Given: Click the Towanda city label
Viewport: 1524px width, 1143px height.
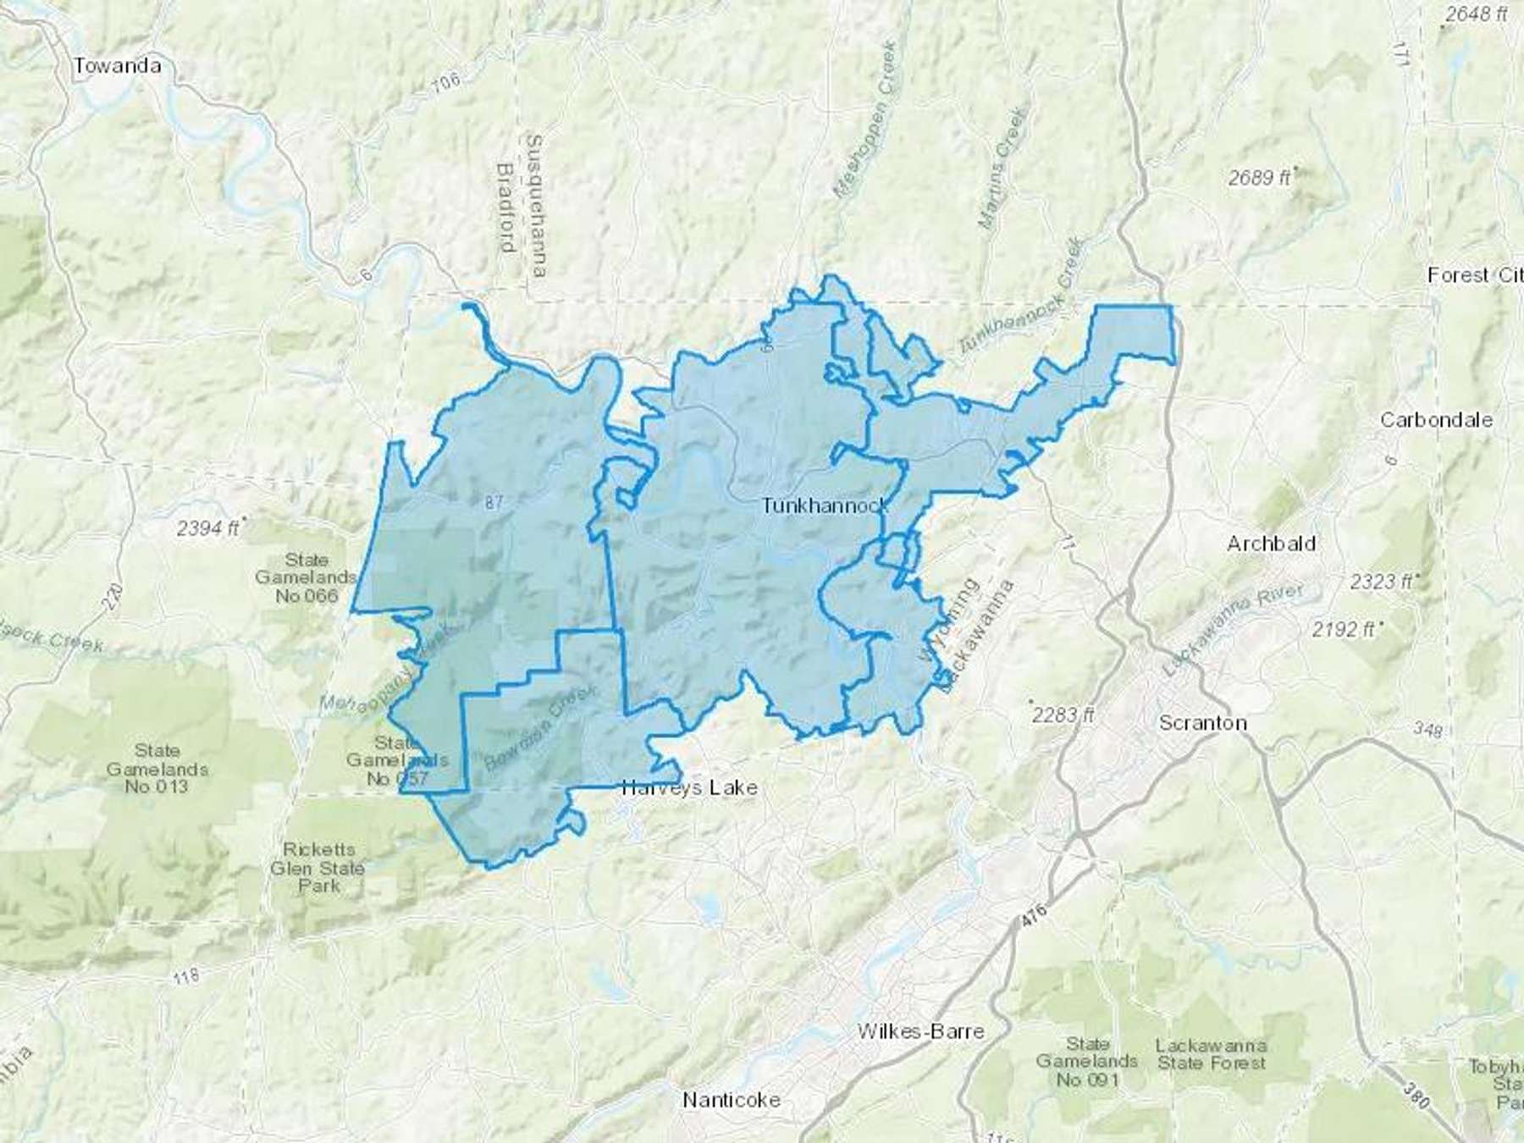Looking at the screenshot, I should click(117, 66).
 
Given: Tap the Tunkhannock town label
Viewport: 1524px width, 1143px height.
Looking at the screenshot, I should click(825, 506).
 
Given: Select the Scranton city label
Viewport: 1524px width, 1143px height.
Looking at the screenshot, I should click(1202, 723).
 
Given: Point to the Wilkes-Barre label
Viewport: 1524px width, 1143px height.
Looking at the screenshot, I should click(920, 1031).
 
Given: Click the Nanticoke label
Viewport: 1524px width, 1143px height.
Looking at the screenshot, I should click(732, 1100).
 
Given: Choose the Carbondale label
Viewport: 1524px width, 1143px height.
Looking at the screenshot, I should click(1436, 420).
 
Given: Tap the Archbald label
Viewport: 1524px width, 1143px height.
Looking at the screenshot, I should click(1271, 544).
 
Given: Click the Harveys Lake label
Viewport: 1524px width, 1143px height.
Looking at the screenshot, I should click(689, 788).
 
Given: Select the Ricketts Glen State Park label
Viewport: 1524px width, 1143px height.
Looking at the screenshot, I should click(318, 868).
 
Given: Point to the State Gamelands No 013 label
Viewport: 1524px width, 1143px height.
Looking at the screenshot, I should click(157, 769).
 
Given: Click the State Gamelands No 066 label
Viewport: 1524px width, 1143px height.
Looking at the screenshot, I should click(306, 577).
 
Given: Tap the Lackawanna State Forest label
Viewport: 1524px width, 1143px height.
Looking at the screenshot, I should click(1212, 1054).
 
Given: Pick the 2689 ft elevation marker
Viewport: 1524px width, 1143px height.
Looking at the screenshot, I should click(1260, 178).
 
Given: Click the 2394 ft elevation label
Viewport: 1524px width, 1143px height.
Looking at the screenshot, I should click(208, 528).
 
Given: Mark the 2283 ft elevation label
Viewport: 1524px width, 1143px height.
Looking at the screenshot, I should click(1063, 715).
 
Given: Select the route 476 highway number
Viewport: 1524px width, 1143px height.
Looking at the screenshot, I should click(1034, 921).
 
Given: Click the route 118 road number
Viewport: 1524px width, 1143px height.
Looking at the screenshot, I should click(185, 976).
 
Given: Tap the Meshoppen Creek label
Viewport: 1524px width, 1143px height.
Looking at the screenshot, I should click(864, 120).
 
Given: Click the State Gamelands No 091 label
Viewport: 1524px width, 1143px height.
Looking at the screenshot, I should click(1088, 1062).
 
